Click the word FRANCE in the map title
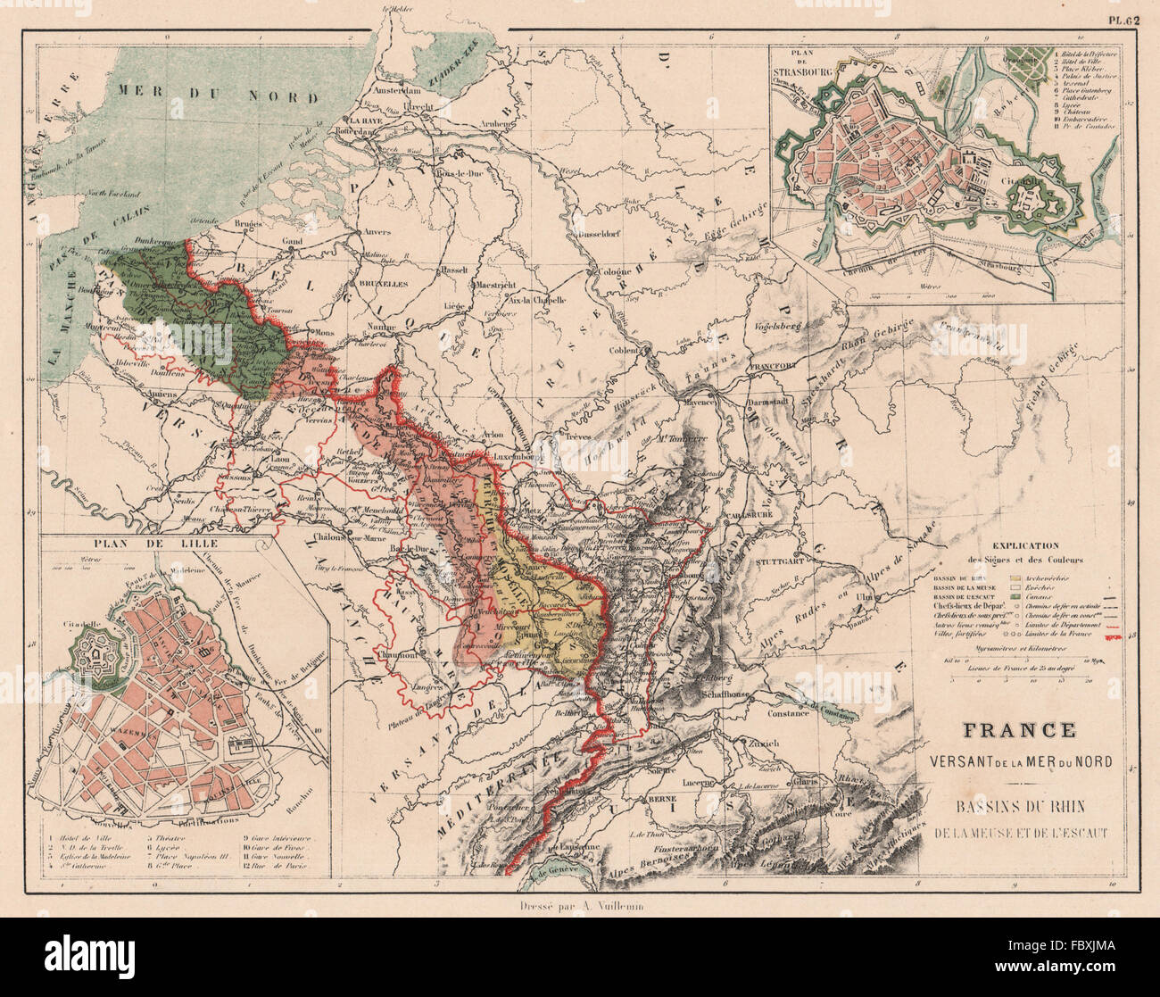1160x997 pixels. (1017, 729)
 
